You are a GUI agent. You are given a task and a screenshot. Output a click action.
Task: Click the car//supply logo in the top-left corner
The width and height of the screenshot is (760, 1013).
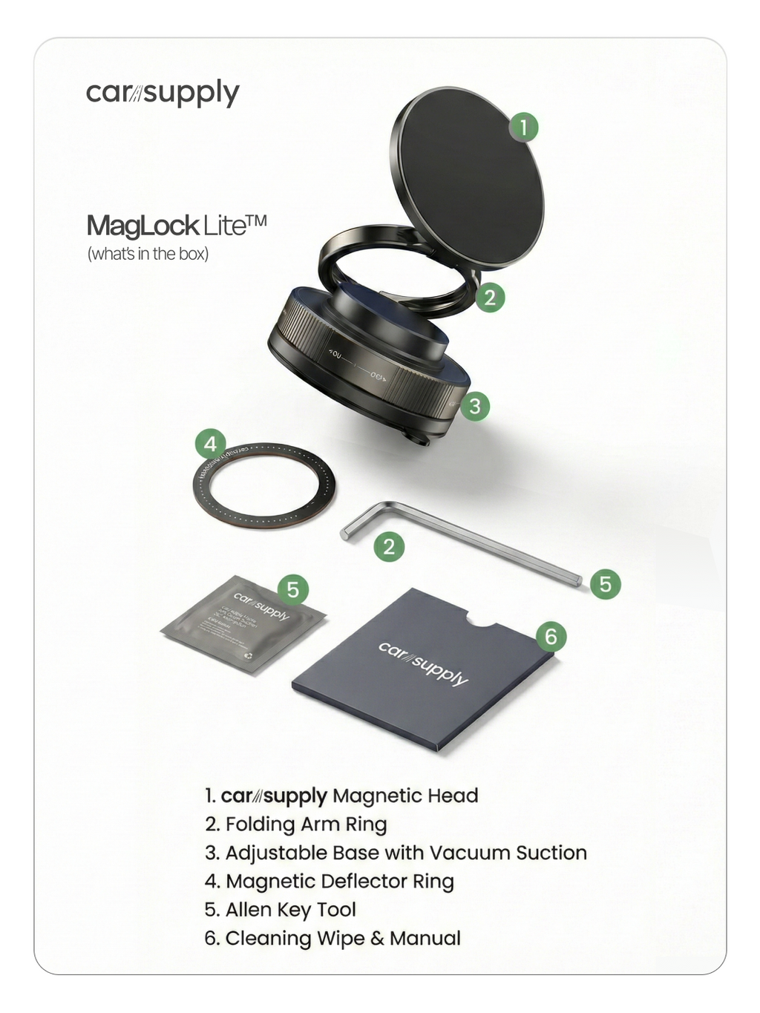point(163,94)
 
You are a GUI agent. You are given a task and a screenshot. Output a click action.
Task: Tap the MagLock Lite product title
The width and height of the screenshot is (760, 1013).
point(176,226)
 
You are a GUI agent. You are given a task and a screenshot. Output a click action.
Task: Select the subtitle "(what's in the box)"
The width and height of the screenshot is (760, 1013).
point(148,254)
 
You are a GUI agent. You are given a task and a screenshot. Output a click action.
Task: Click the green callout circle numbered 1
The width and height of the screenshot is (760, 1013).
point(523,127)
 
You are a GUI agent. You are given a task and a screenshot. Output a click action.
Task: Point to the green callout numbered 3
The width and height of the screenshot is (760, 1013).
point(475,406)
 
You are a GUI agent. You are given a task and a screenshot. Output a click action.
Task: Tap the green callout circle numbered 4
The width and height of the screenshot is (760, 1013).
point(211,444)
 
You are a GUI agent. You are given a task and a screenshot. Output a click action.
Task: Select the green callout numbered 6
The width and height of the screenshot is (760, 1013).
point(551,637)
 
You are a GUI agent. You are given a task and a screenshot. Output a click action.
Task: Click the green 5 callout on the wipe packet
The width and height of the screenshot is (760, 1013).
point(293,589)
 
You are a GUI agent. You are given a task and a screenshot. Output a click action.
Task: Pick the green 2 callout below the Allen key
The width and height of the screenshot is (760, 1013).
point(389,547)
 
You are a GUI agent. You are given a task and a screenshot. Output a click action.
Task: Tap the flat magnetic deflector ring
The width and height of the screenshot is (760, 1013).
point(263,487)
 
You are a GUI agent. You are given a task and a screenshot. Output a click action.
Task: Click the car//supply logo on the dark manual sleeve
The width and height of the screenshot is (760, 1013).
point(423,663)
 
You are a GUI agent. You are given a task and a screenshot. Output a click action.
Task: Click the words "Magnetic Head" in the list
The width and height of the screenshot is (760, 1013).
point(405,796)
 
